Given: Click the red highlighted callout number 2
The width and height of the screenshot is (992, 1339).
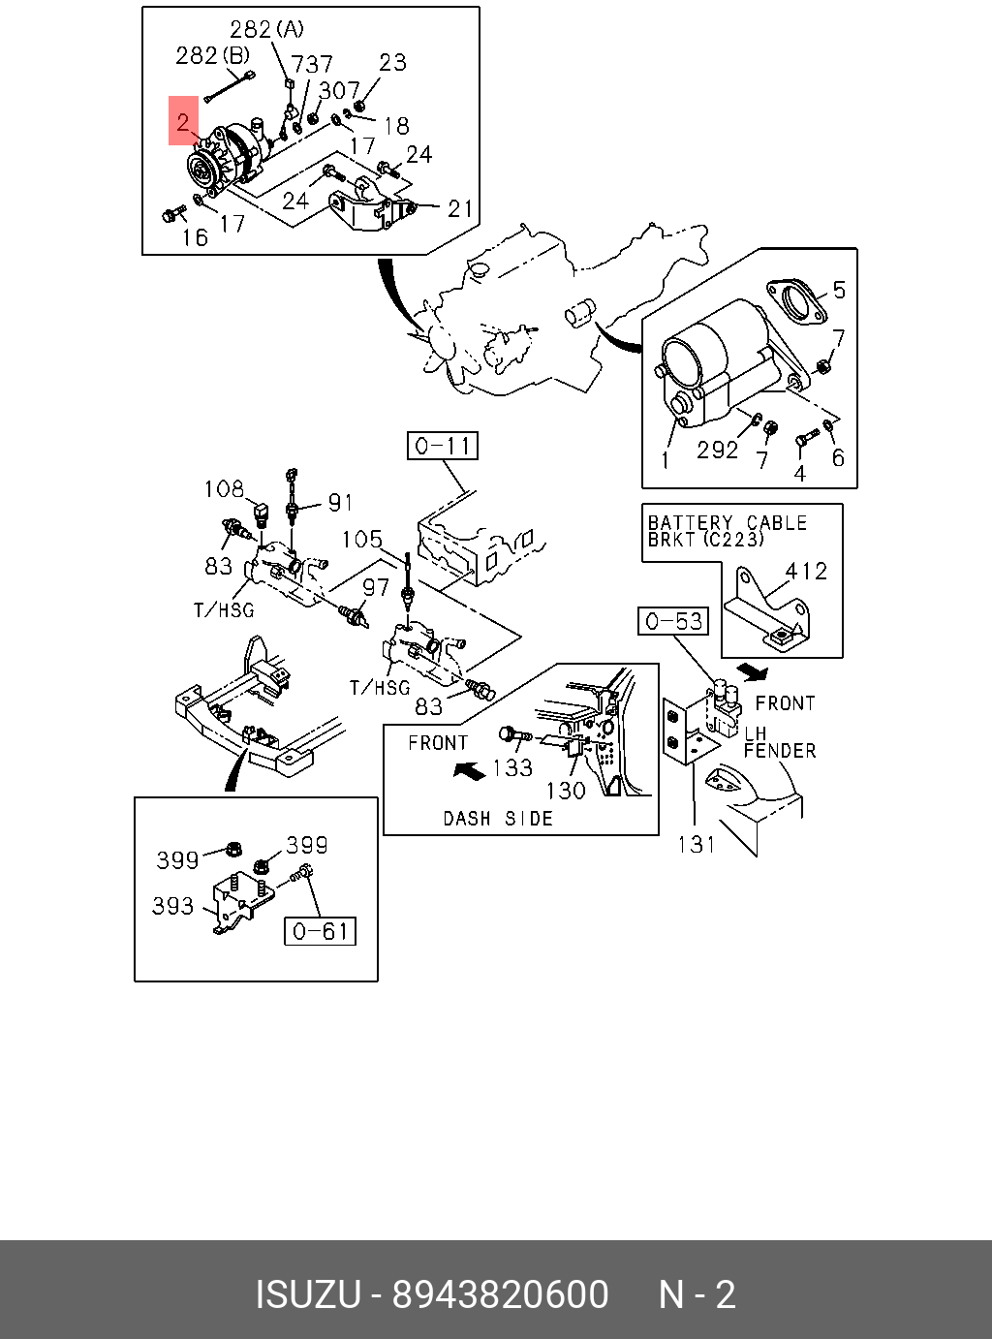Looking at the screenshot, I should (183, 121).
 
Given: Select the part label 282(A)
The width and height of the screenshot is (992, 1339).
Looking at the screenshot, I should (266, 29).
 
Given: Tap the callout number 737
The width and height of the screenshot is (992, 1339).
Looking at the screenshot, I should (312, 65).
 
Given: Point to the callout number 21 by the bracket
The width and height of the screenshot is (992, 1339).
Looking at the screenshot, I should (459, 207).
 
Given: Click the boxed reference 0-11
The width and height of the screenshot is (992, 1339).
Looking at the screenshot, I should (443, 446).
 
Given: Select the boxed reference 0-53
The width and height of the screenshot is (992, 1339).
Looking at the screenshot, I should (673, 621).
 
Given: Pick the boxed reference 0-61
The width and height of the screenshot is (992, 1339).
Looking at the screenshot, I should (320, 931).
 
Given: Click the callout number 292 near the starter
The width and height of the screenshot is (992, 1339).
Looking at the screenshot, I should (717, 450).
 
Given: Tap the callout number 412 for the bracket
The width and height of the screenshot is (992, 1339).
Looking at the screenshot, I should (806, 572).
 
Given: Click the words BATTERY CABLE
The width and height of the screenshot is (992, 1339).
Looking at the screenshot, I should (728, 523).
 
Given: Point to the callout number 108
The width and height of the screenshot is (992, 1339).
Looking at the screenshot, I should (224, 489).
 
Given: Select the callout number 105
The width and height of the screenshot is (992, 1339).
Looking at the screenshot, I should (362, 539).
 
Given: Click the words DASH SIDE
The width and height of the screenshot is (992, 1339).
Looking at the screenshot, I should (498, 819).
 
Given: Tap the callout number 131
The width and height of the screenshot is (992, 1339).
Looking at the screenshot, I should (696, 845).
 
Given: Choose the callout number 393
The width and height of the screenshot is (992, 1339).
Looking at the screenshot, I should (173, 906).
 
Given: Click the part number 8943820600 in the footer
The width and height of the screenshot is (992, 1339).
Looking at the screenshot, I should (500, 1294).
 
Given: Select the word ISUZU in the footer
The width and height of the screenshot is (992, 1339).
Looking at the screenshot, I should (307, 1294).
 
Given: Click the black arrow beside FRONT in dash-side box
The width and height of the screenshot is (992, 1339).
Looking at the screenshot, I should (470, 771).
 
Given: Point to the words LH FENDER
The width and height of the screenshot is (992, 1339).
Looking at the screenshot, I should (779, 742).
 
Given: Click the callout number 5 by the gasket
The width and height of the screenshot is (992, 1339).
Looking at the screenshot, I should (839, 290).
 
